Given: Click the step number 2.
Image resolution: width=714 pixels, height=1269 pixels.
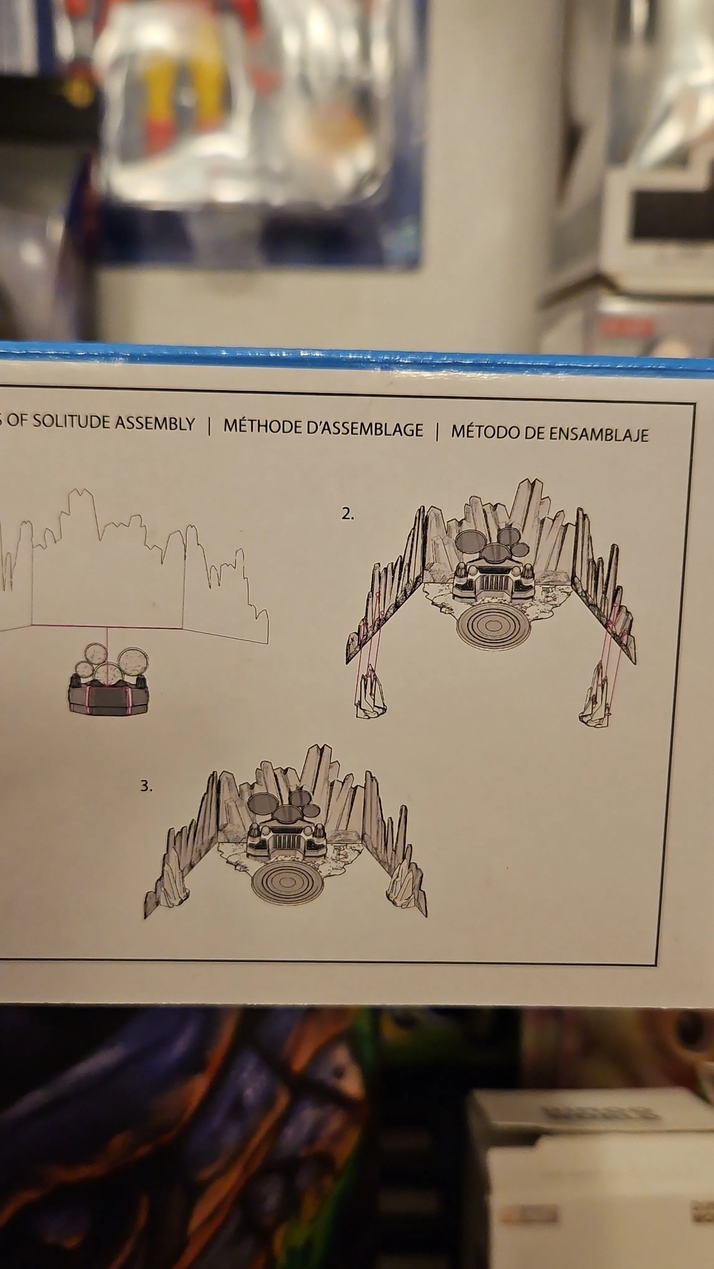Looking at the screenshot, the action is click(348, 515).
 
